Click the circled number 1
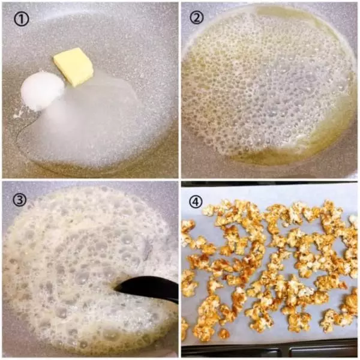[22, 19]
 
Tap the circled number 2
[197, 17]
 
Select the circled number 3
[19, 200]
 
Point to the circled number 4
[196, 202]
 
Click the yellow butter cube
[74, 67]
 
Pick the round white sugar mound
[43, 91]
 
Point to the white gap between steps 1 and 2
[180, 90]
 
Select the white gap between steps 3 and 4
[180, 269]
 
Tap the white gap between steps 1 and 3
[90, 179]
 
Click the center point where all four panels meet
[180, 179]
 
